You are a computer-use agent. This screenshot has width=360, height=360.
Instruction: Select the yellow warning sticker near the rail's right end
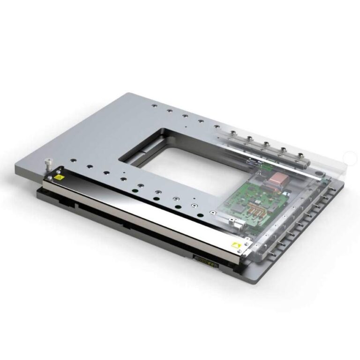[x=236, y=244]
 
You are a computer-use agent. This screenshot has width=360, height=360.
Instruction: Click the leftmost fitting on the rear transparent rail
[x=233, y=133]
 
